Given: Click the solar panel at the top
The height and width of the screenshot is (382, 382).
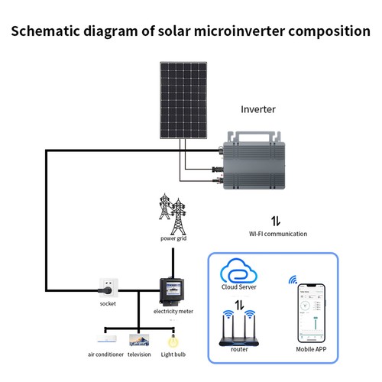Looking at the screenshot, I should coord(187,101).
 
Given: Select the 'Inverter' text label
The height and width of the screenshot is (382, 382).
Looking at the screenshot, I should coord(257,110).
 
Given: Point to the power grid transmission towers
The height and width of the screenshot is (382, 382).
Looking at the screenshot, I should coord(173,214).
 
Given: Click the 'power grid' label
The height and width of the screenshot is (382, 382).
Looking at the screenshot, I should coord(173,238).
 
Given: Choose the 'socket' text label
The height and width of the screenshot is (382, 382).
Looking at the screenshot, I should coord(108,303).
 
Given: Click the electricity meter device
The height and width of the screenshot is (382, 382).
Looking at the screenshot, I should coord(172,290).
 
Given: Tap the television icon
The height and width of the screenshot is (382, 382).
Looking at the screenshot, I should coord(139,338).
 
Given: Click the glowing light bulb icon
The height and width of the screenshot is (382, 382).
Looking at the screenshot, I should coord(173,337).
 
